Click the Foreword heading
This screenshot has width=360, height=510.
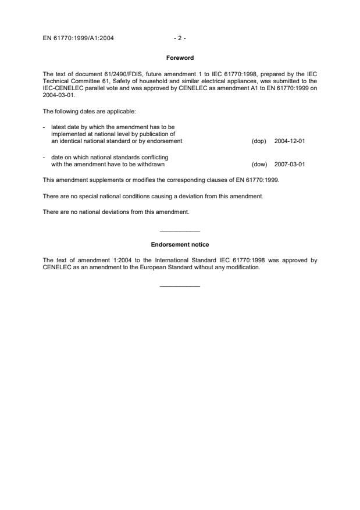pyautogui.click(x=180, y=58)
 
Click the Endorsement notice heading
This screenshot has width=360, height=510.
pyautogui.click(x=180, y=245)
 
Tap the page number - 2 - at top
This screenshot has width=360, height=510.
pyautogui.click(x=180, y=38)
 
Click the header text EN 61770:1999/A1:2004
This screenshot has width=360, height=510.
pyautogui.click(x=79, y=38)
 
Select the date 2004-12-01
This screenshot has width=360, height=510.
pyautogui.click(x=289, y=141)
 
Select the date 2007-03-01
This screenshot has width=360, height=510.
pyautogui.click(x=289, y=164)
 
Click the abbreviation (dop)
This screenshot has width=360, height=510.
pyautogui.click(x=259, y=141)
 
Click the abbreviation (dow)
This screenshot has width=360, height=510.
pyautogui.click(x=259, y=164)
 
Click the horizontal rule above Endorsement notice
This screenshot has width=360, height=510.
pyautogui.click(x=180, y=231)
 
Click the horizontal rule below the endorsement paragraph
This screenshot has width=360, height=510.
pyautogui.click(x=180, y=286)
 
